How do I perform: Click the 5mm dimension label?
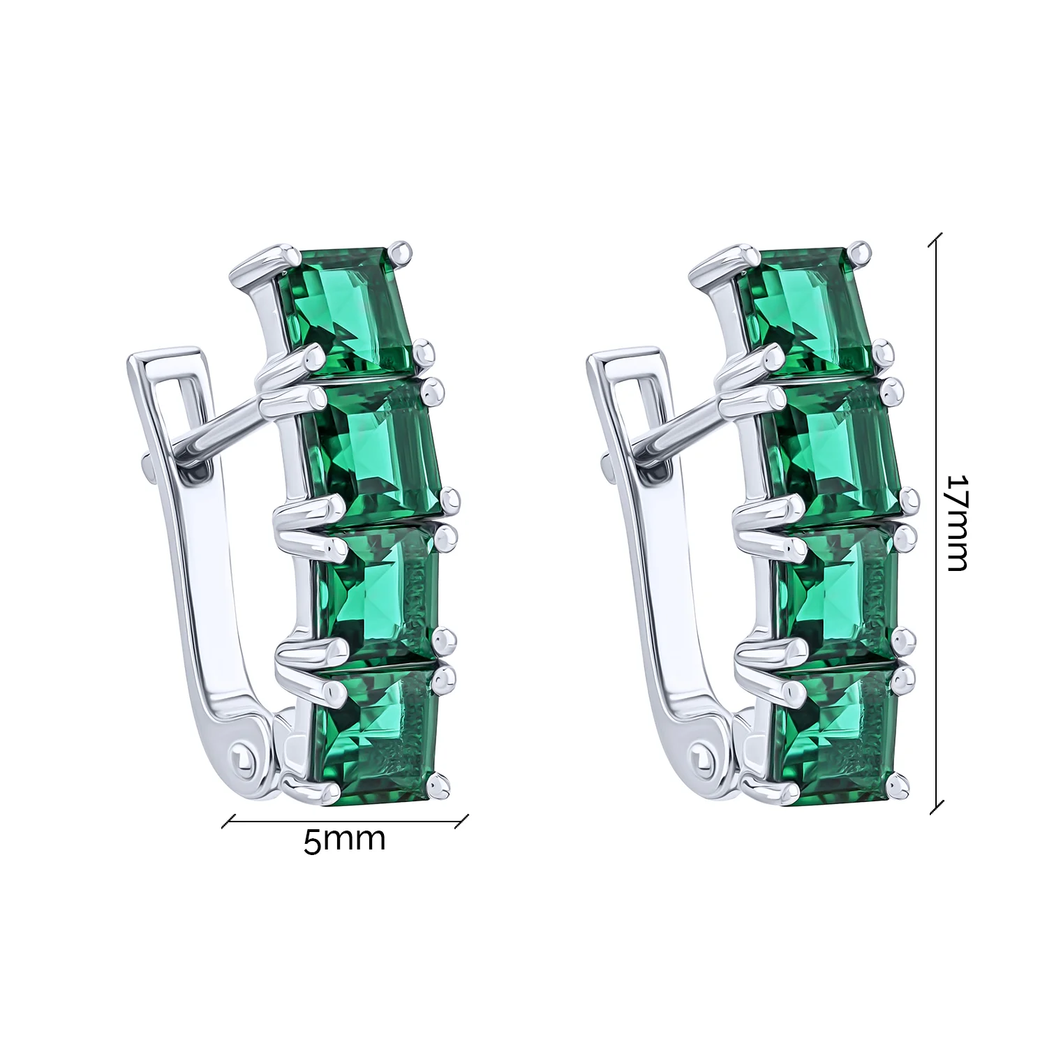344,840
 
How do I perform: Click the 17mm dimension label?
958,523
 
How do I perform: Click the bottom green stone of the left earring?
377,733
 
